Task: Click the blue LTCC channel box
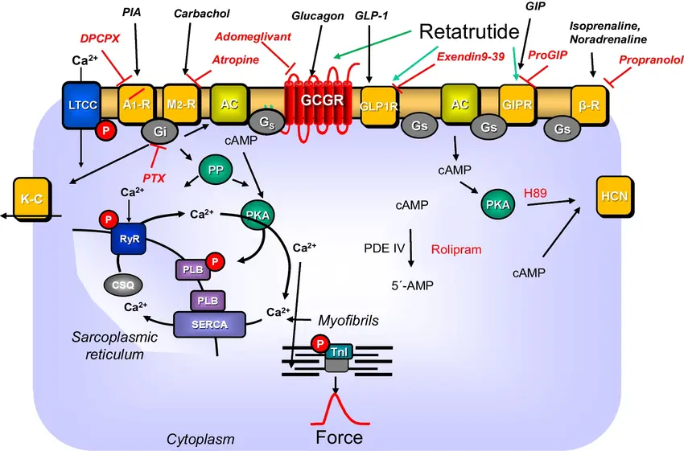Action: pyautogui.click(x=82, y=105)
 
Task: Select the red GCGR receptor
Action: pyautogui.click(x=320, y=103)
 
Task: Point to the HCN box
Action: pyautogui.click(x=617, y=195)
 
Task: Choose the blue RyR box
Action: pyautogui.click(x=127, y=239)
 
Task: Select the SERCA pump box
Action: pyautogui.click(x=210, y=324)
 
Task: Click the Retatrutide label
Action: pyautogui.click(x=469, y=32)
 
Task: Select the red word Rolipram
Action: pyautogui.click(x=456, y=250)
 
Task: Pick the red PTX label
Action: pyautogui.click(x=154, y=177)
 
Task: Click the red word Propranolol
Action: pyautogui.click(x=649, y=60)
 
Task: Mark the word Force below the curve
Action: pyautogui.click(x=339, y=437)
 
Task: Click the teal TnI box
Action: pyautogui.click(x=338, y=352)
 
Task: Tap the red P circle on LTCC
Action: pyautogui.click(x=104, y=130)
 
